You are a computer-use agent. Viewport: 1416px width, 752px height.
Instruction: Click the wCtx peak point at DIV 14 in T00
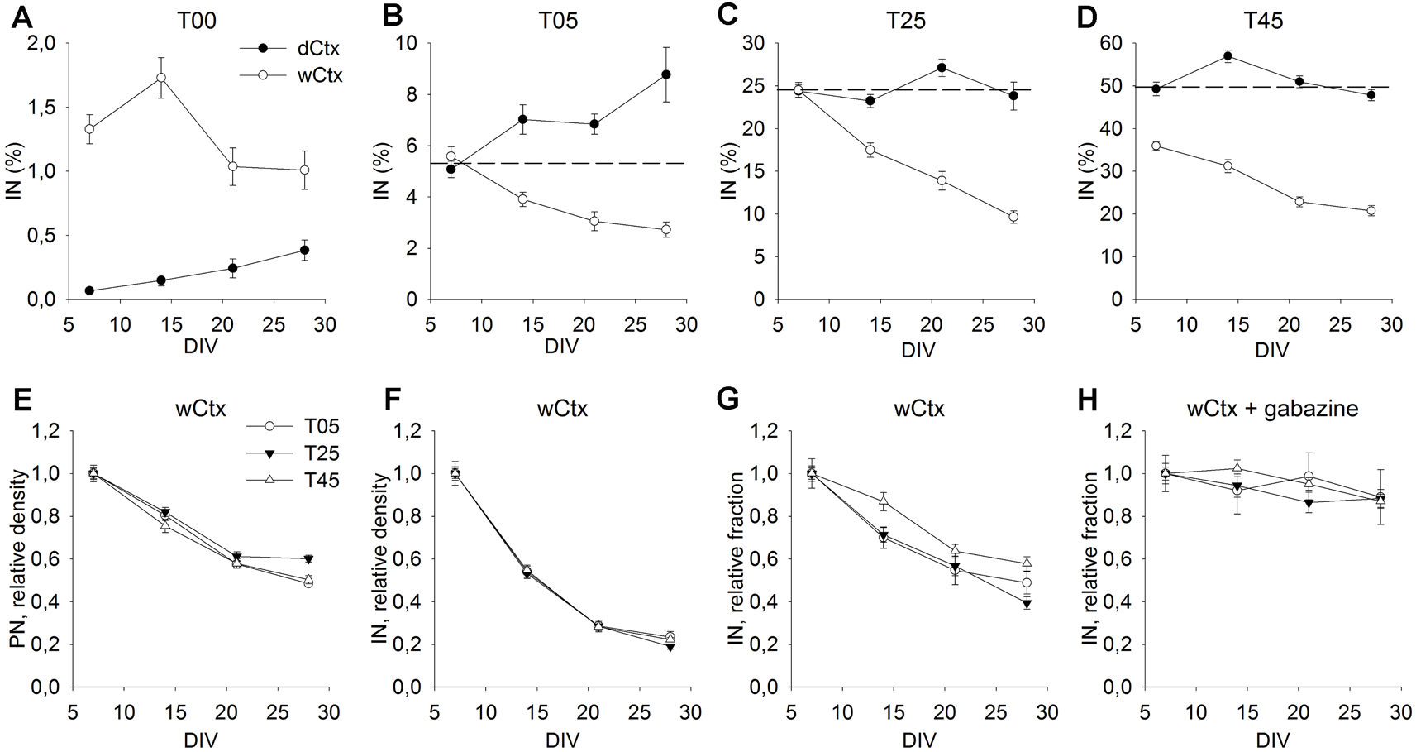coord(161,78)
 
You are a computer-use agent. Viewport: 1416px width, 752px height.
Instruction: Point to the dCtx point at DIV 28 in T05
coord(665,74)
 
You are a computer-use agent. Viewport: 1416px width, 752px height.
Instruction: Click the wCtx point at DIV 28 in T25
coord(1013,217)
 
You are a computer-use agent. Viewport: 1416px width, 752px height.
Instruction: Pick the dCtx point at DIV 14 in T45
coord(1228,56)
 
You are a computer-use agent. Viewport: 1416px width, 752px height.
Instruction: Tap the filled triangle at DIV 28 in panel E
coord(308,559)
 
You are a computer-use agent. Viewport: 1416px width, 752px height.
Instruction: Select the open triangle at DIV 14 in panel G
coord(884,501)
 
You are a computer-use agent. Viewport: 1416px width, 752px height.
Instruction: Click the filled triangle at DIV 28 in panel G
coord(1027,604)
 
